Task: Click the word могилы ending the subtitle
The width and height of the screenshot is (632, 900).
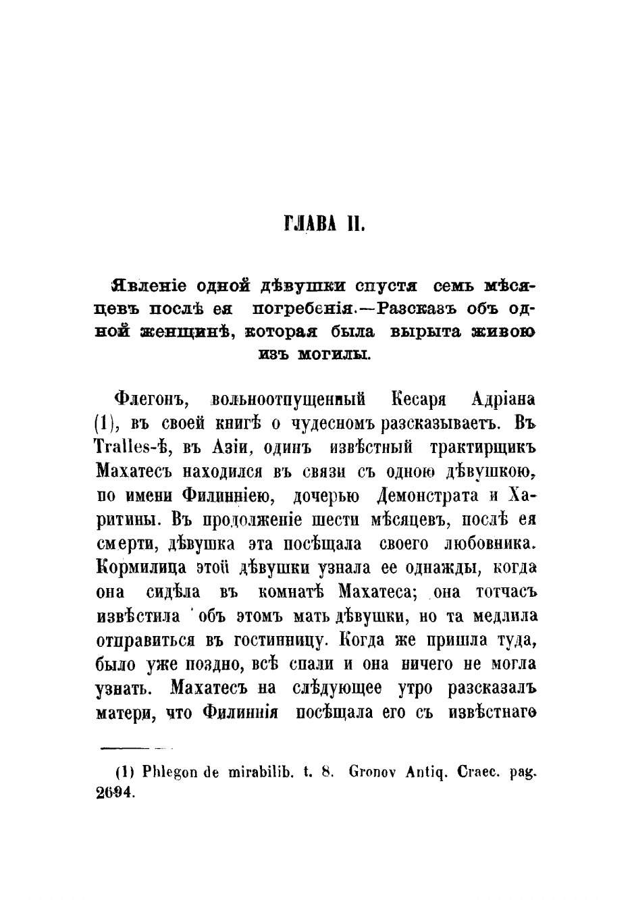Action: pyautogui.click(x=334, y=354)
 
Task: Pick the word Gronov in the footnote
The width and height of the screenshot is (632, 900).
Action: pyautogui.click(x=375, y=771)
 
